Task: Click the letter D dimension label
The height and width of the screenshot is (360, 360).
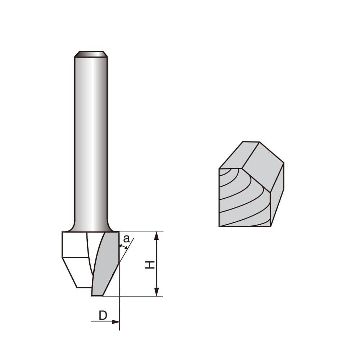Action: click(x=103, y=315)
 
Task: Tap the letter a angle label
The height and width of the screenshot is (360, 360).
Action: click(x=126, y=239)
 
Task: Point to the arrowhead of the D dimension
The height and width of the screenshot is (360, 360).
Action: click(x=116, y=321)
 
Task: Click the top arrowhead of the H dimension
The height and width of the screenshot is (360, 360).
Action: click(x=156, y=236)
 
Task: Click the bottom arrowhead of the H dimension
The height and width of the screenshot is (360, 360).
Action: click(x=156, y=292)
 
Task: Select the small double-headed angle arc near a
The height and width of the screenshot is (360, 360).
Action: click(x=123, y=247)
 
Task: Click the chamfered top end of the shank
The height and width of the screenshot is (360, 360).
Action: click(x=91, y=54)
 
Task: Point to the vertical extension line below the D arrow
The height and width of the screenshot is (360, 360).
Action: click(x=119, y=326)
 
